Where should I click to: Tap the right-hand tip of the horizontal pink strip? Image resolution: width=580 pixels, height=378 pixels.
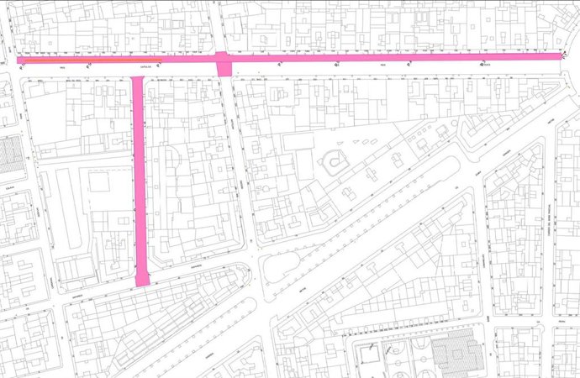(560, 55)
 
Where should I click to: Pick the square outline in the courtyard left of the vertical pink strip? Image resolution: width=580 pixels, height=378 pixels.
(99, 182)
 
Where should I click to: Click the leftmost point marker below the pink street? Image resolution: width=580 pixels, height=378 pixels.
(23, 66)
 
